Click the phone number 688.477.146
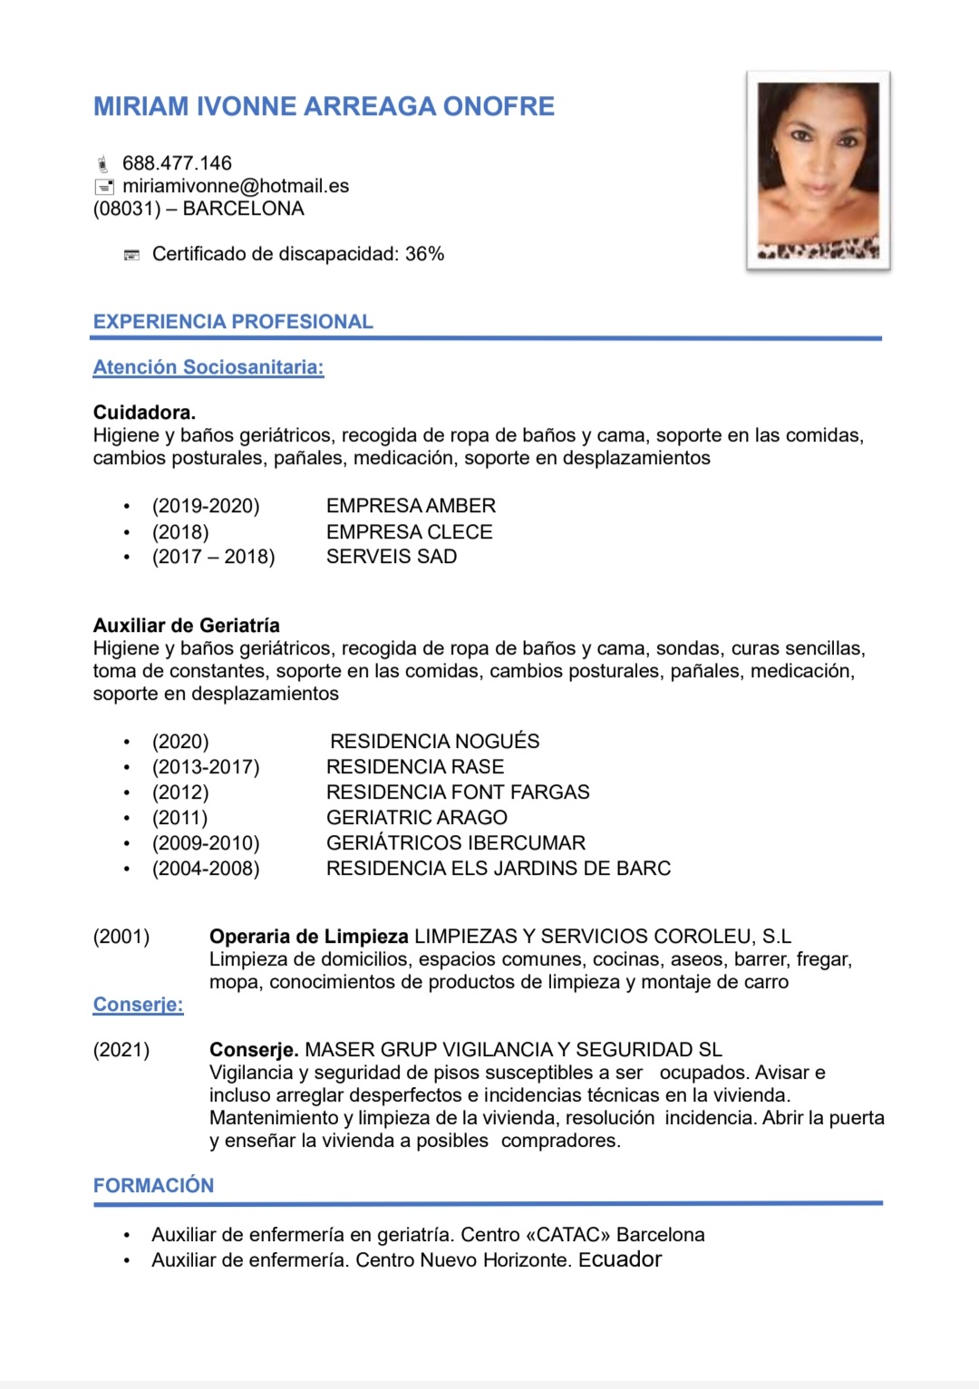pos(177,163)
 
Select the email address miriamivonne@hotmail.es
pos(236,186)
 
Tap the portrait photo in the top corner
pos(818,170)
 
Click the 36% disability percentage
pos(424,254)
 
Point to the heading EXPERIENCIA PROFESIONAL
pos(233,322)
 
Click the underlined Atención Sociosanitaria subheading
pos(208,367)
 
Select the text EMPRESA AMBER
pos(411,506)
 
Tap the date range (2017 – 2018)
pos(213,557)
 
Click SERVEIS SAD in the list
pos(392,557)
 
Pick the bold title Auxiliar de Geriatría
pos(186,626)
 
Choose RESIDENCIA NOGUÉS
pos(434,742)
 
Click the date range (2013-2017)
pos(206,767)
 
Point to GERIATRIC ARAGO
pos(416,818)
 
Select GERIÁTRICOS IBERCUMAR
pos(456,843)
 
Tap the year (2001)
pos(121,937)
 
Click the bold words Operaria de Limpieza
pos(309,937)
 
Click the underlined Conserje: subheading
pos(138,1005)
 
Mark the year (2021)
pos(121,1050)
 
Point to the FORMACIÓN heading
pos(153,1186)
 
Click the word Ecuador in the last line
pos(620,1259)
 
